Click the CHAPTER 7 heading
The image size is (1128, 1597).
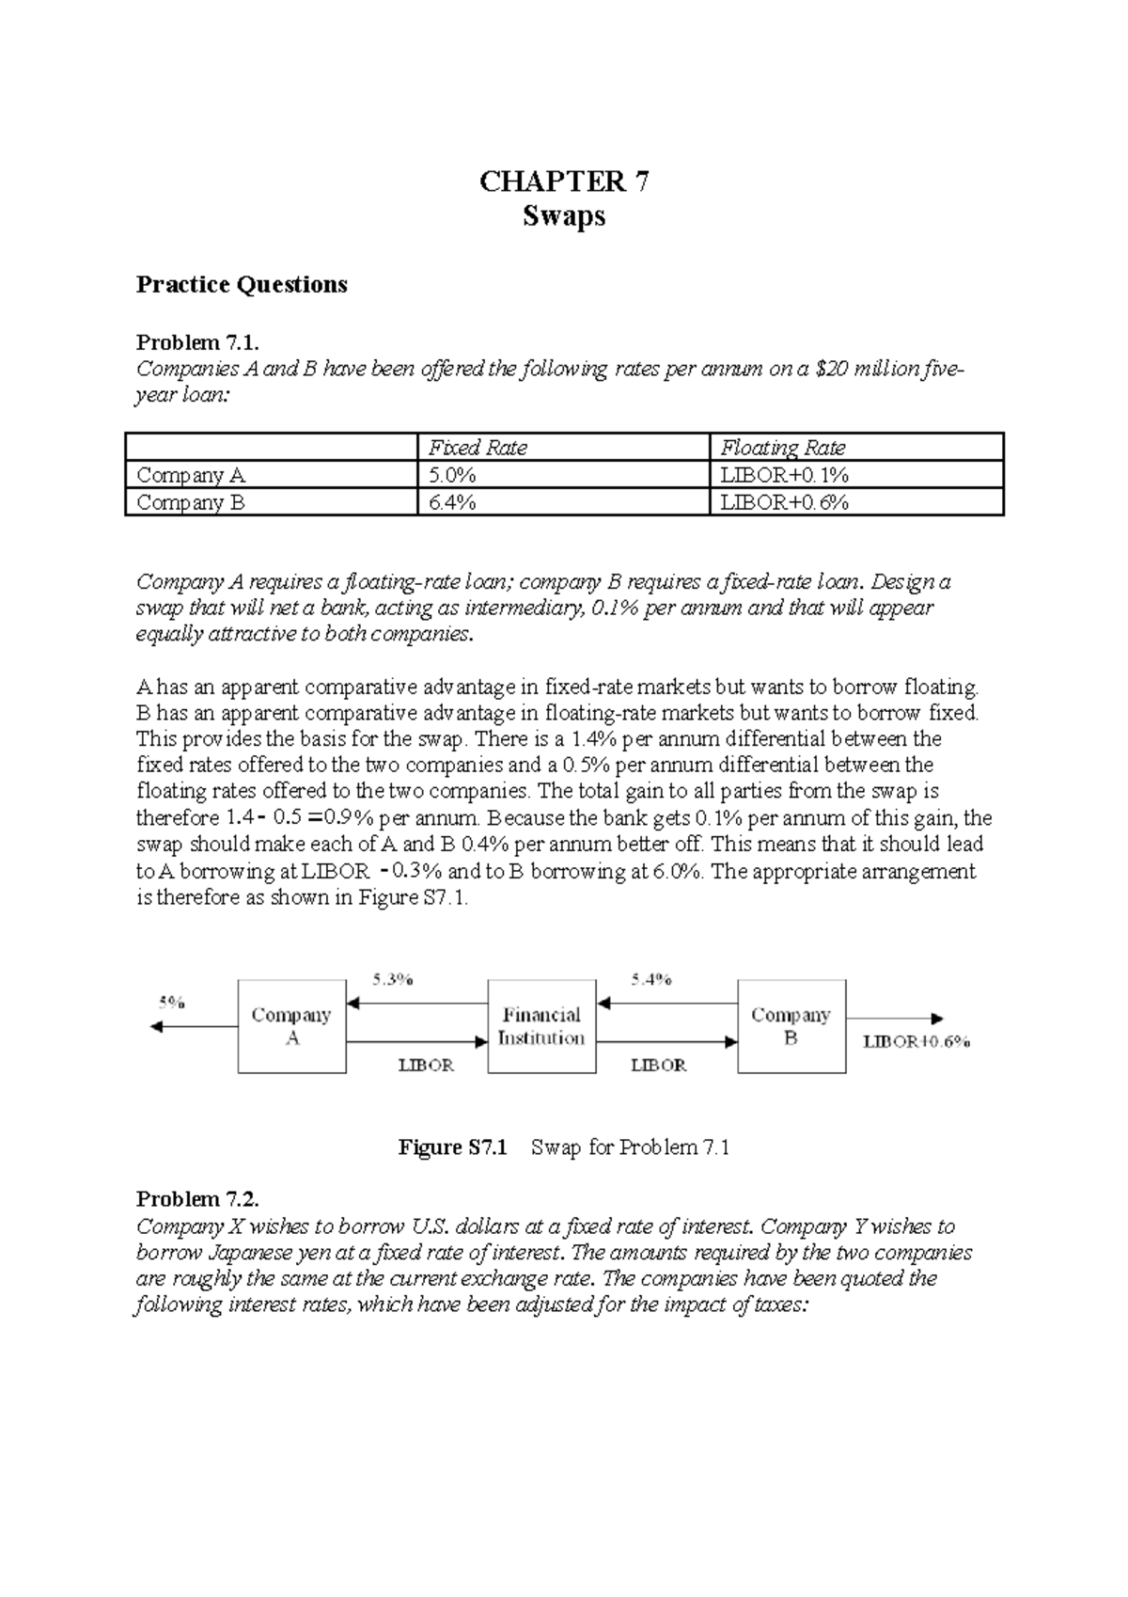[x=563, y=182]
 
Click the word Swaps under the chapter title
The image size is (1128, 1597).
[x=563, y=217]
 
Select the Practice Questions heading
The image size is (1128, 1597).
[x=242, y=284]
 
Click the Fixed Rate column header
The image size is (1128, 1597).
[x=478, y=448]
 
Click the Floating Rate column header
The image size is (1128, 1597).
[x=782, y=448]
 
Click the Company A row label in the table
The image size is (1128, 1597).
[x=191, y=475]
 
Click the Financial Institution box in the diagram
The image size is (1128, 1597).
[x=541, y=1026]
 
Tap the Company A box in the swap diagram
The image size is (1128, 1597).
[x=291, y=1026]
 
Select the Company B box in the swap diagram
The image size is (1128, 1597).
[x=791, y=1026]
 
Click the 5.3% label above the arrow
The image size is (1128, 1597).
[x=392, y=979]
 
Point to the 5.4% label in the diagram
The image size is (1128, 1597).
[x=650, y=979]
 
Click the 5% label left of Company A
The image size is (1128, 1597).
[x=170, y=1003]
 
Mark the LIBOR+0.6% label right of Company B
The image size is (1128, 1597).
[x=916, y=1041]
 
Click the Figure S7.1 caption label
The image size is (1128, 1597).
[x=453, y=1147]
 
